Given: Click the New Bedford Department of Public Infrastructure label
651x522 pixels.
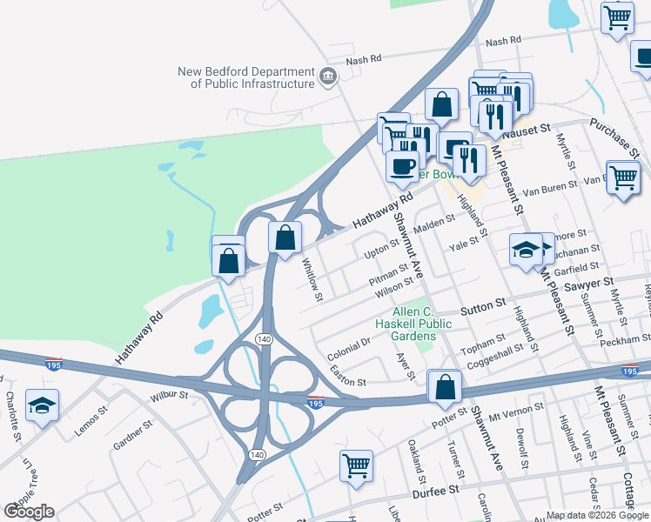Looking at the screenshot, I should pos(245,77).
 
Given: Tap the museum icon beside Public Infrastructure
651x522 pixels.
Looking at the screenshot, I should pos(328,77).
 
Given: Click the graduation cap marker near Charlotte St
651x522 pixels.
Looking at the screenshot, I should pos(42,406).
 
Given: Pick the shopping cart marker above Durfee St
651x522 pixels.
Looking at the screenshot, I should pos(356,466).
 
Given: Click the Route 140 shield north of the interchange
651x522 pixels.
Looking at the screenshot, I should pos(262,338).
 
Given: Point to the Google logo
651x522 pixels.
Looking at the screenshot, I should pos(29,512).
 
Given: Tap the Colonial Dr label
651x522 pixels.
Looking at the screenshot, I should pos(349,349).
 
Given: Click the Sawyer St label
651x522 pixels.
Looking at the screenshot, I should pos(589,283).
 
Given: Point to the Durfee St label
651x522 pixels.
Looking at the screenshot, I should pos(460,491).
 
